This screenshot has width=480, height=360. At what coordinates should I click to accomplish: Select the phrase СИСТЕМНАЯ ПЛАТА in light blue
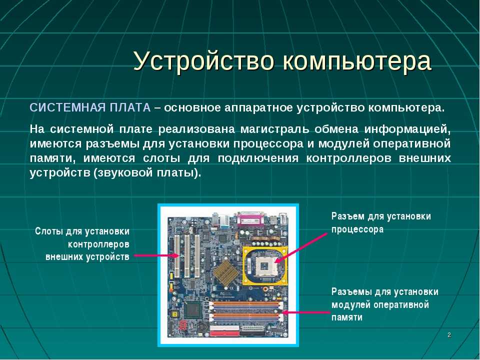tap(90, 108)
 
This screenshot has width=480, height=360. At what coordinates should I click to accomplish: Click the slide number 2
tap(449, 335)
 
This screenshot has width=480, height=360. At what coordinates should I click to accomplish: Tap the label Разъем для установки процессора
tap(381, 222)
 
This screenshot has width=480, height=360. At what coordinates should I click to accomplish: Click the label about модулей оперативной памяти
tap(385, 304)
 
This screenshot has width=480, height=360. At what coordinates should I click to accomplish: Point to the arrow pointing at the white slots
tap(156, 255)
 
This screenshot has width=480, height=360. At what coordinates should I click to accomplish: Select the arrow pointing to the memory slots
tap(306, 312)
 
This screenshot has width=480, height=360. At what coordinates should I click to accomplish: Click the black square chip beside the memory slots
tap(193, 309)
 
